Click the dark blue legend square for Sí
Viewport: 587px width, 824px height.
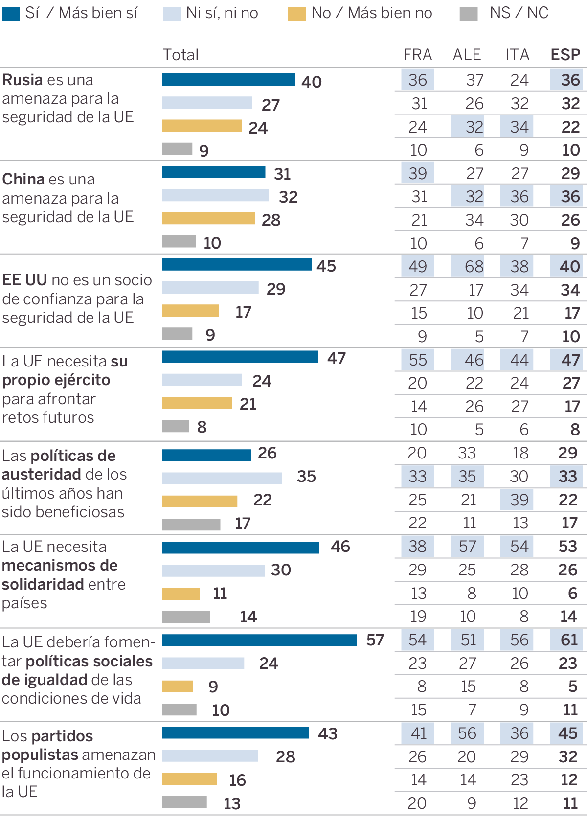coord(11,13)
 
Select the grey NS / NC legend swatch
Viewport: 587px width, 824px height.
coord(469,14)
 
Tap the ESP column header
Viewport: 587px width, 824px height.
coord(565,55)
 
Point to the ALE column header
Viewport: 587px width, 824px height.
coord(467,55)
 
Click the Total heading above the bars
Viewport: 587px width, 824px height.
coord(181,55)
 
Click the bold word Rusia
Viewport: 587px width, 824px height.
coord(23,80)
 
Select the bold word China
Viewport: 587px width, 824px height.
coord(23,179)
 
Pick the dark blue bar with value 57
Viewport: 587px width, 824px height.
coord(259,640)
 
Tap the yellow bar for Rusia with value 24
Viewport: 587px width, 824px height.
coord(202,126)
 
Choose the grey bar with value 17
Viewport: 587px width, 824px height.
coord(191,525)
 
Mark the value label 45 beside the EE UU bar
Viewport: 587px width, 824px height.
coord(326,266)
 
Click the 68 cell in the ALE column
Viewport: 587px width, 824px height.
coord(468,267)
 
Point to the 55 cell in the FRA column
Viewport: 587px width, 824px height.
coord(418,360)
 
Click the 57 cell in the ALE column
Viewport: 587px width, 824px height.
coord(468,547)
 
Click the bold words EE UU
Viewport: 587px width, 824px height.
coord(24,280)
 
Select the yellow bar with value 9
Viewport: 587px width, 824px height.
coord(178,687)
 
